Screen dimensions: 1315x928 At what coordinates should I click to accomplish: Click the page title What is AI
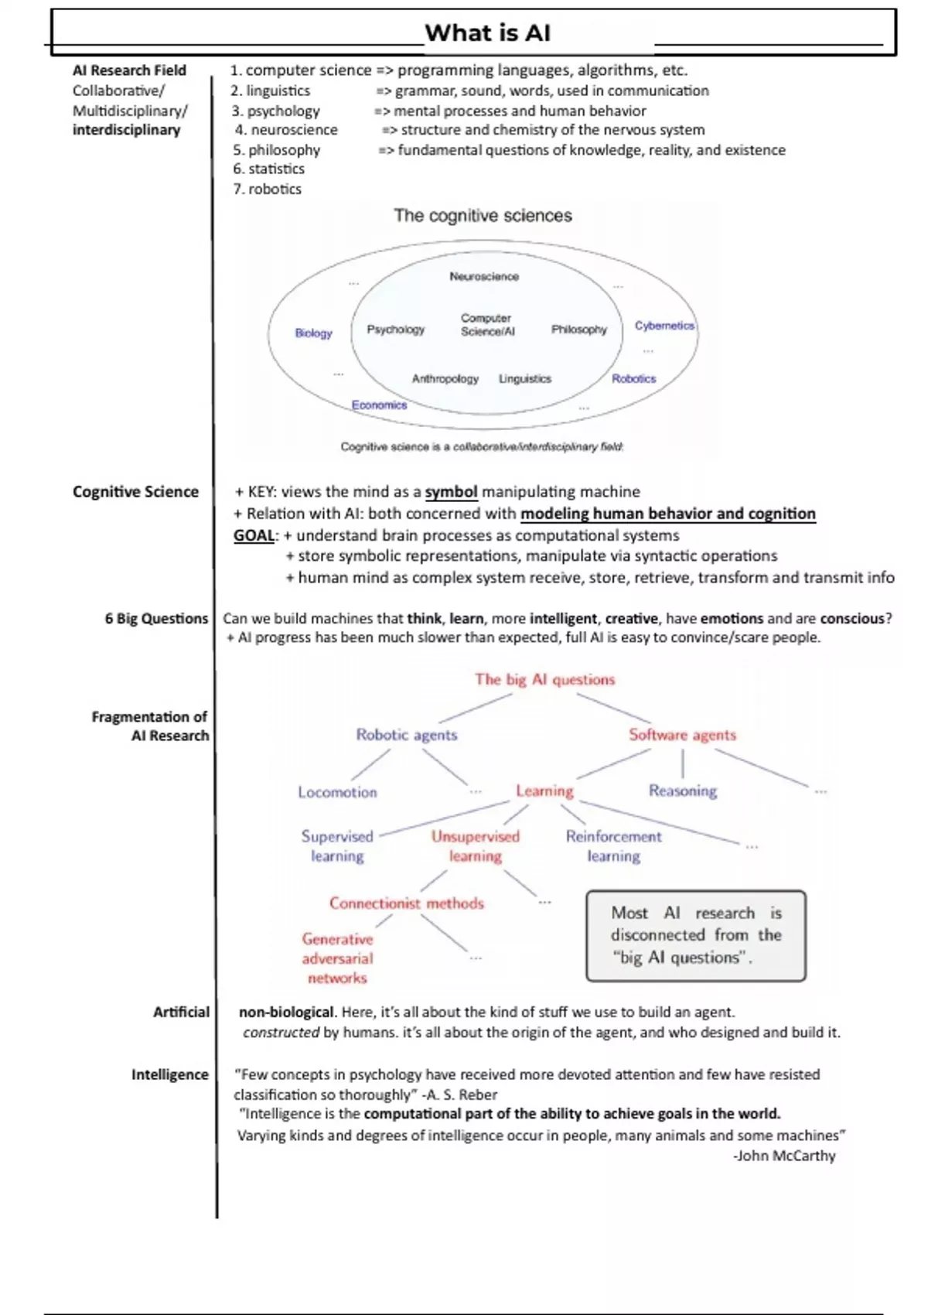(x=487, y=33)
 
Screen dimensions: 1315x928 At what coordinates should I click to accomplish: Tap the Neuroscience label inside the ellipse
(x=484, y=276)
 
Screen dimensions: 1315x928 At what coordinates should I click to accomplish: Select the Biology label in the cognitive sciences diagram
(x=313, y=333)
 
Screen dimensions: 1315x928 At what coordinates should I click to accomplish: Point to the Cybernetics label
(x=664, y=326)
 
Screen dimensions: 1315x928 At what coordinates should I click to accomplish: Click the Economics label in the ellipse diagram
(x=379, y=405)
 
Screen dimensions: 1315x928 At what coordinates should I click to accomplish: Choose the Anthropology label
(x=445, y=378)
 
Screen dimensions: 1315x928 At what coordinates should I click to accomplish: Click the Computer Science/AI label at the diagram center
(x=487, y=325)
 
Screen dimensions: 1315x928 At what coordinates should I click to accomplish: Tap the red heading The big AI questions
(x=544, y=679)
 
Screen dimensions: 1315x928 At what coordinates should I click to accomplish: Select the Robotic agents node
(x=406, y=735)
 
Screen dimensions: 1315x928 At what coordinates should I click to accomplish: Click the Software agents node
(x=682, y=735)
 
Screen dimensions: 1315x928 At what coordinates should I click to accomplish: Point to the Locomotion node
(x=337, y=792)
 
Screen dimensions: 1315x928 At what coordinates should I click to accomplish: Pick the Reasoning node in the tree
(x=682, y=791)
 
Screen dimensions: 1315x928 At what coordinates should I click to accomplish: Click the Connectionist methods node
(x=406, y=903)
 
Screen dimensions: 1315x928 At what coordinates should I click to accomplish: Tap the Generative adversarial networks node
(x=337, y=958)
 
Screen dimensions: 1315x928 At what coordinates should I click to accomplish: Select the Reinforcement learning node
(x=613, y=846)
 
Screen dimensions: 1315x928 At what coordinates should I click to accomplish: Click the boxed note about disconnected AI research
(x=695, y=935)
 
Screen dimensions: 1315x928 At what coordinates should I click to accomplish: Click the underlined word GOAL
(x=254, y=535)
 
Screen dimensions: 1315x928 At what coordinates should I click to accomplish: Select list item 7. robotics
(x=267, y=189)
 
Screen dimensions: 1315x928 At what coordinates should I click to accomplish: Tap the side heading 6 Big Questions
(x=156, y=618)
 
